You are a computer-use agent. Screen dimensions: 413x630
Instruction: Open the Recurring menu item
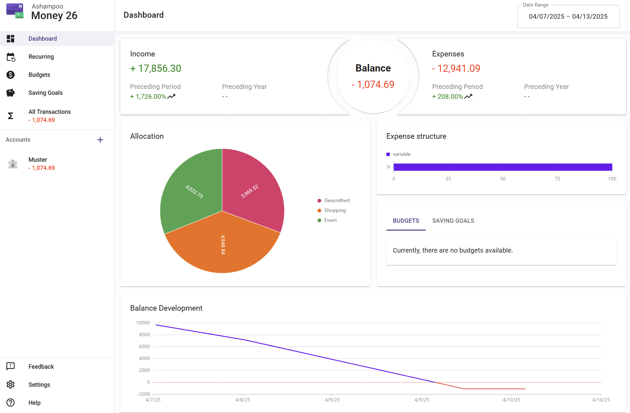(x=41, y=57)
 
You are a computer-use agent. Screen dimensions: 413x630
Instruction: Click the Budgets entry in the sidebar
(x=39, y=75)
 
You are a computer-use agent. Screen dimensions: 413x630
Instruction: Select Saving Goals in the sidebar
(x=45, y=93)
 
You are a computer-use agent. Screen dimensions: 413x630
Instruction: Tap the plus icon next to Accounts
(x=100, y=140)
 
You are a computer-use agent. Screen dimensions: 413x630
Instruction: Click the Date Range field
(x=568, y=16)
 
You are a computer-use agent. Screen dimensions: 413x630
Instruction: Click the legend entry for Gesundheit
(x=337, y=200)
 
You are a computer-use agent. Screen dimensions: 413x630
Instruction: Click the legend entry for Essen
(x=330, y=220)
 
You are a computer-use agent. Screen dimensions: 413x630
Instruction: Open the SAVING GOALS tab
(x=453, y=221)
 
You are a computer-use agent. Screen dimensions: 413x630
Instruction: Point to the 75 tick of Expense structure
(x=557, y=179)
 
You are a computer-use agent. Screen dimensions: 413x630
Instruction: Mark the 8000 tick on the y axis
(x=144, y=335)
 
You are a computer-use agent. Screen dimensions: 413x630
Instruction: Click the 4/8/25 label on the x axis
(x=243, y=400)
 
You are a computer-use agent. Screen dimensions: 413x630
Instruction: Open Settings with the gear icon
(x=10, y=384)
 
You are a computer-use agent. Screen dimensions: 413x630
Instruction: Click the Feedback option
(x=41, y=366)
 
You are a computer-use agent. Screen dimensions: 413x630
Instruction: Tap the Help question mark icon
(x=10, y=403)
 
